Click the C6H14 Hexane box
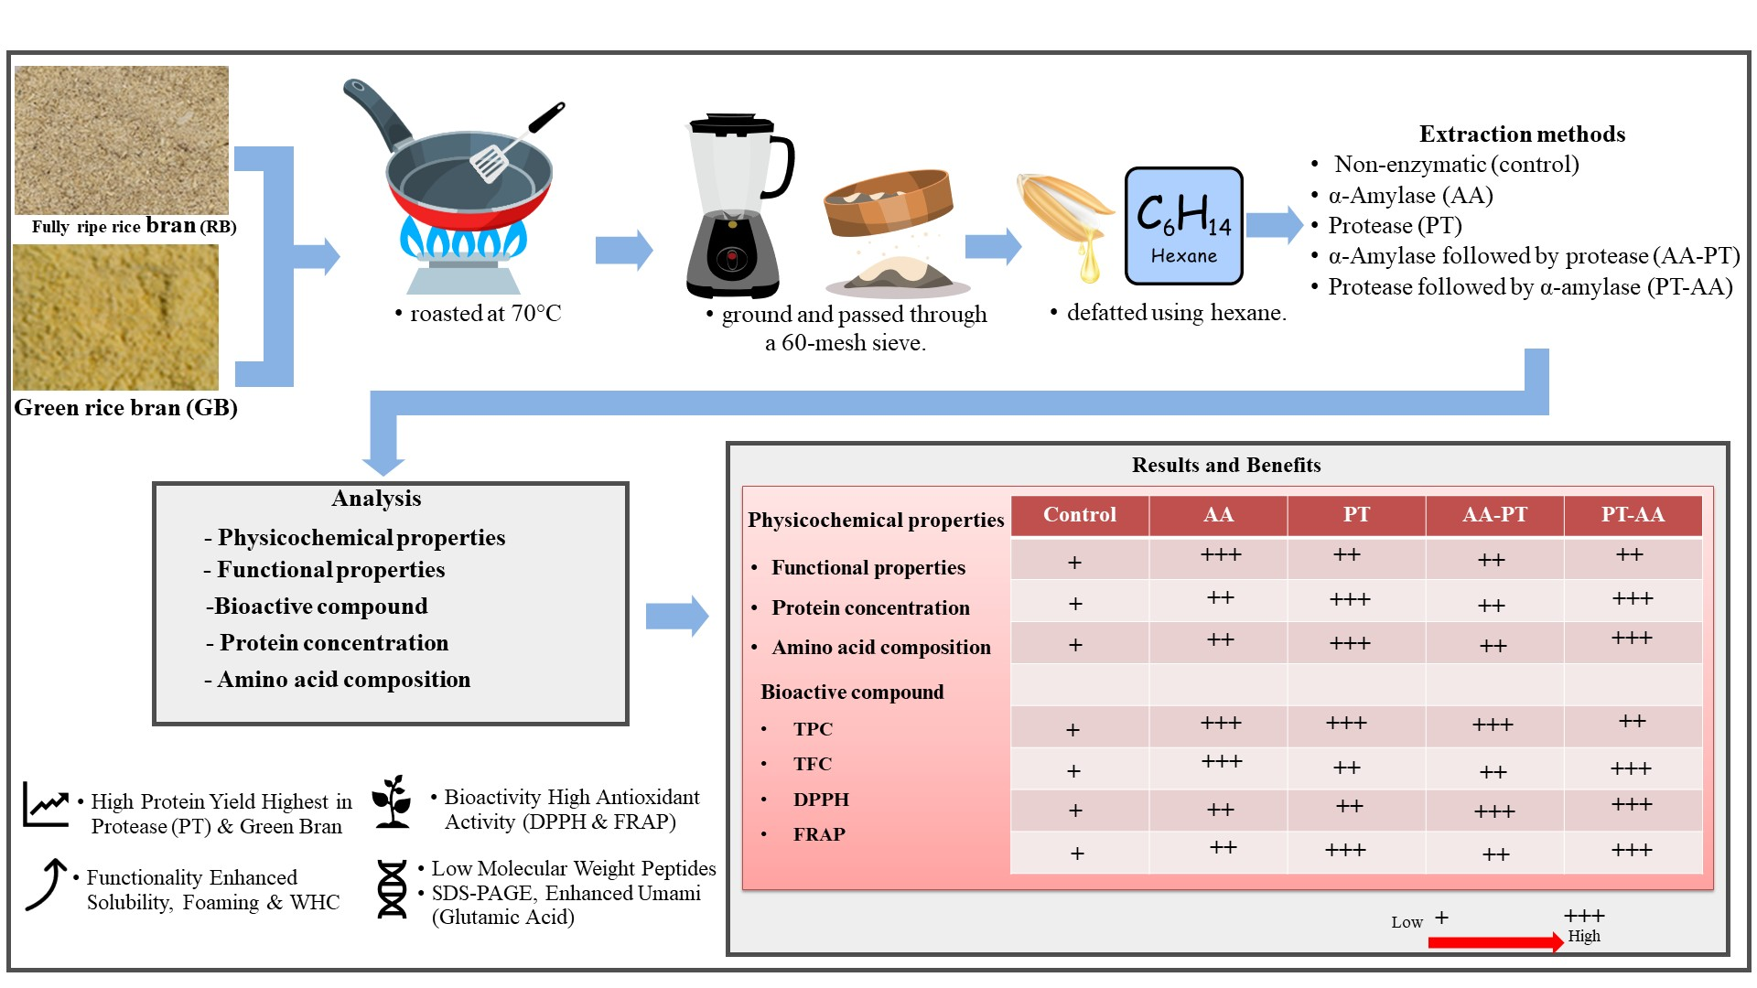pyautogui.click(x=1183, y=225)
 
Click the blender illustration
pyautogui.click(x=734, y=206)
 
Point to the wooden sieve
pyautogui.click(x=888, y=203)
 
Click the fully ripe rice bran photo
pyautogui.click(x=121, y=139)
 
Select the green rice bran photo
pyautogui.click(x=116, y=317)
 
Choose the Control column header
pyautogui.click(x=1080, y=515)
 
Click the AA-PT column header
pyautogui.click(x=1494, y=515)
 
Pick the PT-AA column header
pyautogui.click(x=1633, y=515)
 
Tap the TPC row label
pyautogui.click(x=813, y=729)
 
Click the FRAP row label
pyautogui.click(x=819, y=834)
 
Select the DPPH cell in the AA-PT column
pyautogui.click(x=1494, y=811)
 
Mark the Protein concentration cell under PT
pyautogui.click(x=1351, y=599)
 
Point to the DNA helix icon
pyautogui.click(x=392, y=889)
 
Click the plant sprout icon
pyautogui.click(x=393, y=802)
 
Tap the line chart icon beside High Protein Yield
pyautogui.click(x=46, y=804)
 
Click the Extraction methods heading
pyautogui.click(x=1522, y=134)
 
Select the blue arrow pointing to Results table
pyautogui.click(x=677, y=616)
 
